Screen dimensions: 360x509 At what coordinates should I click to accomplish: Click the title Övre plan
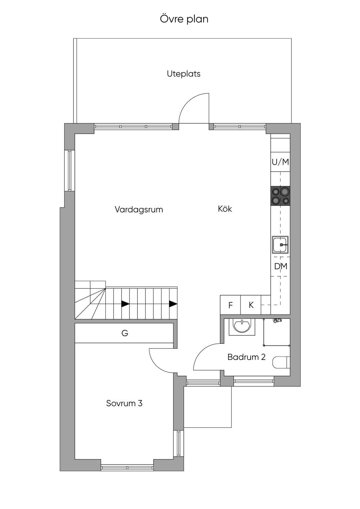pyautogui.click(x=184, y=19)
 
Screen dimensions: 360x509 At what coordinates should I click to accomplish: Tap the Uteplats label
pyautogui.click(x=184, y=74)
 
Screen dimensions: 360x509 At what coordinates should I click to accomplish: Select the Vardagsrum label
pyautogui.click(x=139, y=210)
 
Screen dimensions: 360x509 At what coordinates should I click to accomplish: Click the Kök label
pyautogui.click(x=225, y=208)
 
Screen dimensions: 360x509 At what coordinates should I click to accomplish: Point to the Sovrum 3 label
pyautogui.click(x=124, y=403)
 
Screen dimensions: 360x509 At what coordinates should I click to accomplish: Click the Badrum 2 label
pyautogui.click(x=246, y=357)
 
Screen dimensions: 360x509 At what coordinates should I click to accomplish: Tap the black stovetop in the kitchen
pyautogui.click(x=280, y=196)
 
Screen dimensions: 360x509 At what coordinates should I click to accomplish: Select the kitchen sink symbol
pyautogui.click(x=280, y=245)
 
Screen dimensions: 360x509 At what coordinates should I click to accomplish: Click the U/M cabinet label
pyautogui.click(x=280, y=162)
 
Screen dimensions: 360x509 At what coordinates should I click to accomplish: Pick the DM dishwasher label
pyautogui.click(x=281, y=266)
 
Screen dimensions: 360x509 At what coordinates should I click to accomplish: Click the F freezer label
pyautogui.click(x=231, y=305)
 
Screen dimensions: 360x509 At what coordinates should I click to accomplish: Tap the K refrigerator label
pyautogui.click(x=251, y=305)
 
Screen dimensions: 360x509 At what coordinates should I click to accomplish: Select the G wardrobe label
pyautogui.click(x=125, y=333)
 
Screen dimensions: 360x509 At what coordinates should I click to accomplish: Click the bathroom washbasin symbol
pyautogui.click(x=242, y=327)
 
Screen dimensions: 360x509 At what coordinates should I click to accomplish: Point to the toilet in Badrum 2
pyautogui.click(x=281, y=362)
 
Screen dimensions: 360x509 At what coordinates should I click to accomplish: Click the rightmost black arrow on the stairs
pyautogui.click(x=173, y=304)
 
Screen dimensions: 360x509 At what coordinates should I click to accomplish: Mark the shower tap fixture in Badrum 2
pyautogui.click(x=278, y=320)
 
